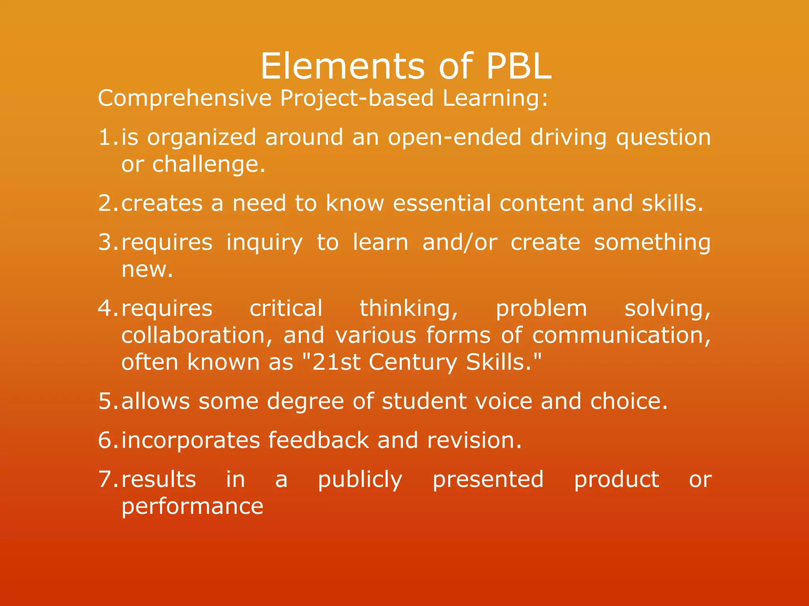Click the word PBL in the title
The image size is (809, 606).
point(518,66)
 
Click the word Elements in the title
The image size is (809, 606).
point(342,66)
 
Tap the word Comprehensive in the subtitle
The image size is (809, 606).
point(185,99)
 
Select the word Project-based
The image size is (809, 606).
point(357,99)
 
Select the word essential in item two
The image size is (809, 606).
point(442,203)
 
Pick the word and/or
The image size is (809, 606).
point(460,242)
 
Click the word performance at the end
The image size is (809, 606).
point(192,507)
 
